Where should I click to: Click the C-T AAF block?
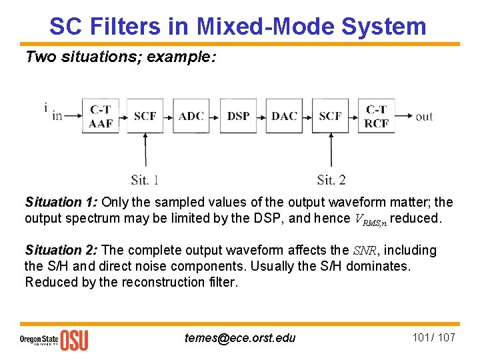(101, 116)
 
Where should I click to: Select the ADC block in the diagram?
(191, 116)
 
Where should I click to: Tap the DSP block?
(238, 116)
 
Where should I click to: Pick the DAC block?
(285, 116)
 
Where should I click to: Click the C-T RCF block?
(377, 116)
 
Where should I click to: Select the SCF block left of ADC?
(145, 116)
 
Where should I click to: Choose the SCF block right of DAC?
(331, 116)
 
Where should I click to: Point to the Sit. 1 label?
(145, 179)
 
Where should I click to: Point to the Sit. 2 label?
(331, 179)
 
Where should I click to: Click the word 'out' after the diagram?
(424, 117)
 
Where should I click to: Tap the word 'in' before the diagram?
(57, 116)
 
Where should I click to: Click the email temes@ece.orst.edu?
(240, 338)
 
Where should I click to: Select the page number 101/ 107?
(434, 337)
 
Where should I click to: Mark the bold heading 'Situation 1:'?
(61, 202)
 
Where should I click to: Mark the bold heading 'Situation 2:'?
(61, 251)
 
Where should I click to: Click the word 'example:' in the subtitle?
(181, 57)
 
